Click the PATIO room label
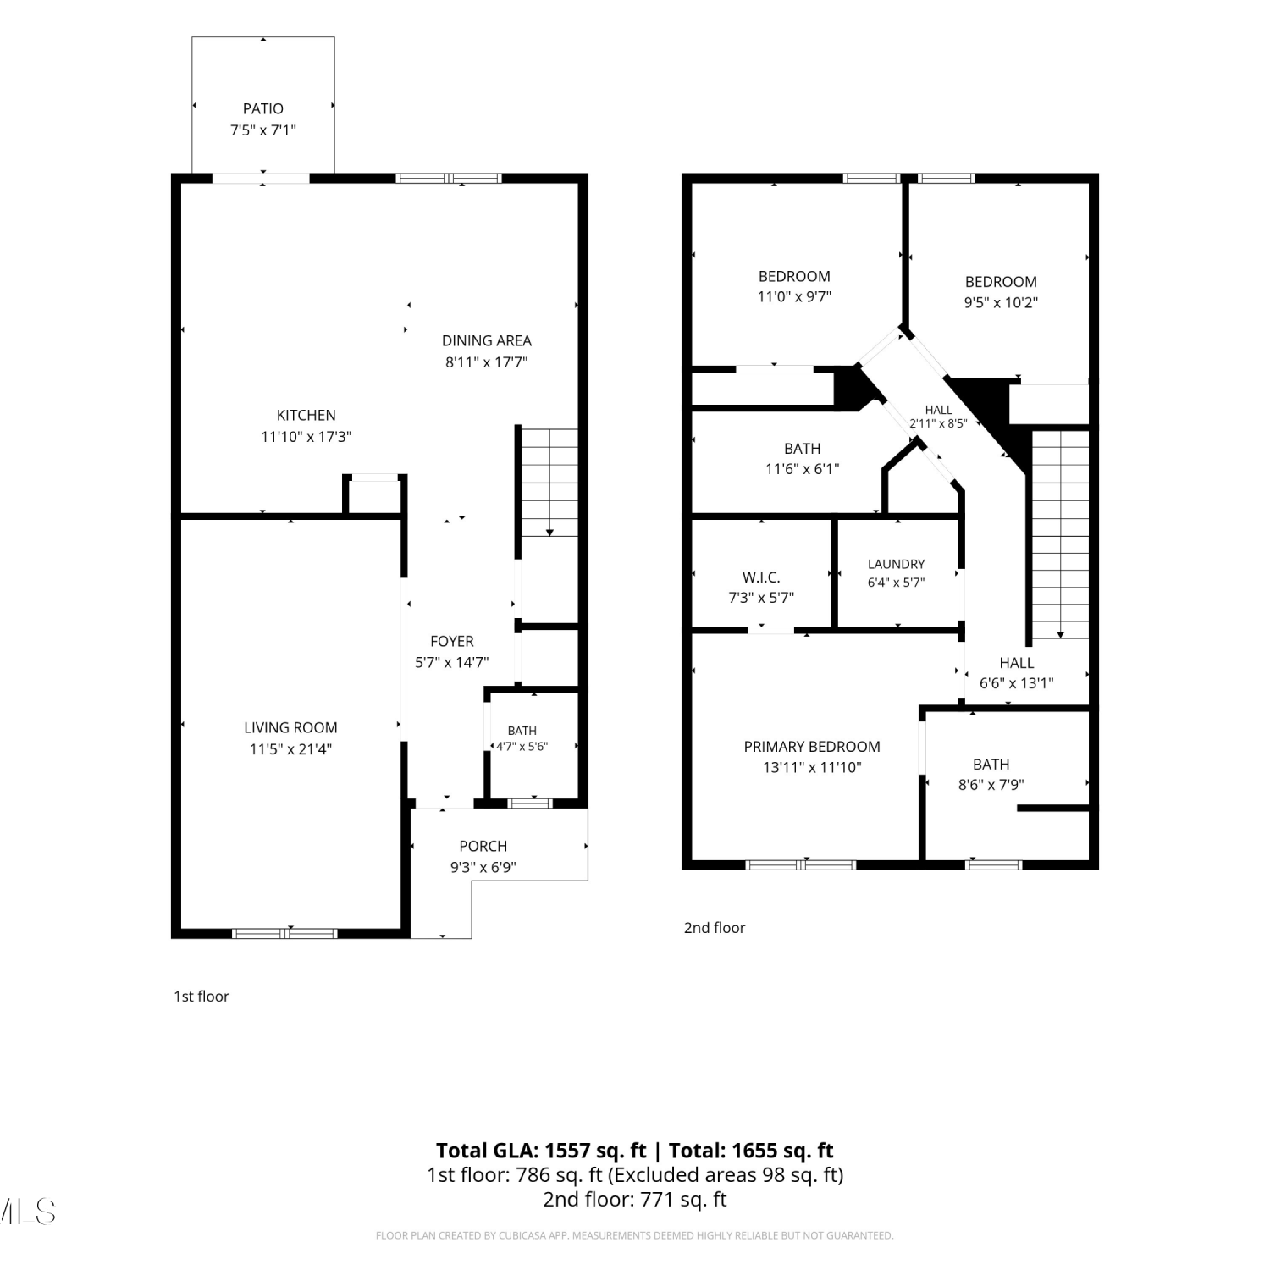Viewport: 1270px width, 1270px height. pyautogui.click(x=263, y=108)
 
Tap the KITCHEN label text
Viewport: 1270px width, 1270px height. pyautogui.click(x=306, y=415)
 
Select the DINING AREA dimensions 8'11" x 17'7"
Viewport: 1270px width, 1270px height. pyautogui.click(x=487, y=362)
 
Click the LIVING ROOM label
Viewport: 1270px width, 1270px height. pyautogui.click(x=290, y=727)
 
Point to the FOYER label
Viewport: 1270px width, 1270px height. pyautogui.click(x=452, y=641)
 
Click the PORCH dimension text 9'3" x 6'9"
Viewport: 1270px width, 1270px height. pyautogui.click(x=483, y=867)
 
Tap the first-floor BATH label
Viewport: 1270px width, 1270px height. pyautogui.click(x=522, y=731)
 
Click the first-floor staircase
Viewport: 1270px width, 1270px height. pyautogui.click(x=549, y=483)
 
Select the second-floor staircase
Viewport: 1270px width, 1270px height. pyautogui.click(x=1060, y=534)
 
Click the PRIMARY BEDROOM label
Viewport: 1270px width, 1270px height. pyautogui.click(x=812, y=746)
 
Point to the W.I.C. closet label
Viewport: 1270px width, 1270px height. pyautogui.click(x=761, y=577)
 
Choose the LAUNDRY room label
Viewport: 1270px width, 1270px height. pyautogui.click(x=896, y=564)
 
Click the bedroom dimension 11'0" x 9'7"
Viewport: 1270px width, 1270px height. pyautogui.click(x=794, y=296)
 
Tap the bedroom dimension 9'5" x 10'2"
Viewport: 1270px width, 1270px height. pyautogui.click(x=1001, y=302)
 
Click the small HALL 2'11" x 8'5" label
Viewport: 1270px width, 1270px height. pyautogui.click(x=938, y=417)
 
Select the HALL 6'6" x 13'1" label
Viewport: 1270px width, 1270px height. pyautogui.click(x=1016, y=673)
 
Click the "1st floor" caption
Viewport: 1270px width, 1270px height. pyautogui.click(x=202, y=997)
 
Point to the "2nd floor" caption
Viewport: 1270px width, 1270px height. pyautogui.click(x=715, y=928)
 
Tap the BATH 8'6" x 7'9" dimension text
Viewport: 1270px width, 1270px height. pyautogui.click(x=991, y=785)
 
